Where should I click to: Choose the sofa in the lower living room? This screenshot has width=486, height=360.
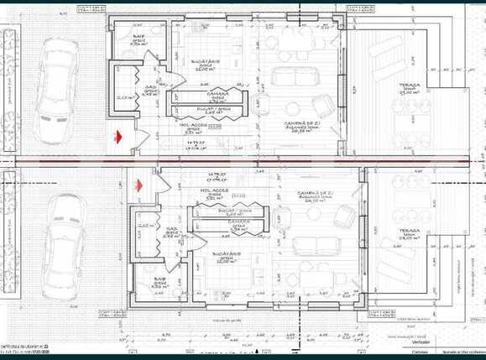pos(308,246)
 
